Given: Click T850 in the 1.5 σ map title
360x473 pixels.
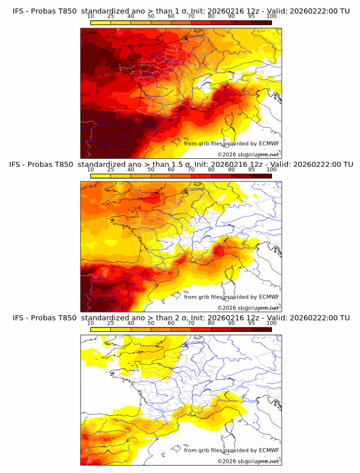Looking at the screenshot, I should click(65, 164).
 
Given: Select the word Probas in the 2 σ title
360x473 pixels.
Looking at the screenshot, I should click(43, 318).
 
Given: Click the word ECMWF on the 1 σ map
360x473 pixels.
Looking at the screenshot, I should click(269, 143).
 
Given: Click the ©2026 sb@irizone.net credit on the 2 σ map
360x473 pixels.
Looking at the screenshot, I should click(248, 461).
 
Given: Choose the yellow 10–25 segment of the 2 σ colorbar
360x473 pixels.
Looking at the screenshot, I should click(101, 329).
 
